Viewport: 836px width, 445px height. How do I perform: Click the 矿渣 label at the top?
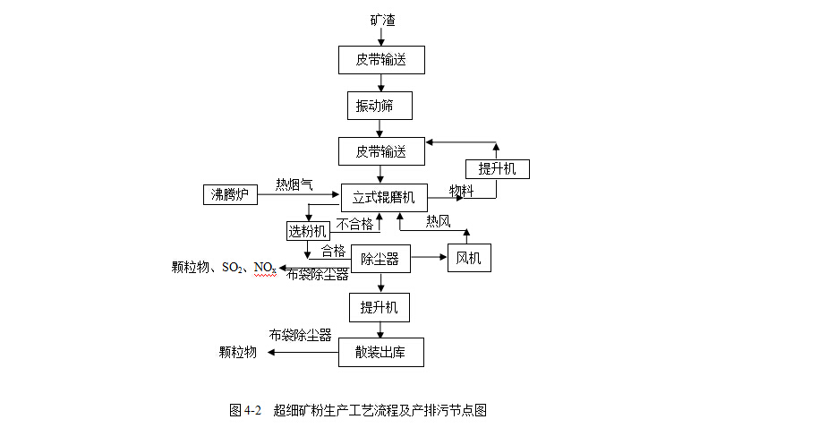(x=382, y=20)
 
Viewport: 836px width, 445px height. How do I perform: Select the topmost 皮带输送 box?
(x=381, y=60)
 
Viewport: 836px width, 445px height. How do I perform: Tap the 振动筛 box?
(x=380, y=106)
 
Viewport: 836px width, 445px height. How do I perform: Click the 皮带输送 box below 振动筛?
(x=381, y=151)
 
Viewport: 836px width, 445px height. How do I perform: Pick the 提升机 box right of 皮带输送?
(x=497, y=168)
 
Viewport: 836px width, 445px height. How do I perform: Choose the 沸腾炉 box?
(x=230, y=194)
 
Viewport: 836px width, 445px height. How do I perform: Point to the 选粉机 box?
(x=307, y=231)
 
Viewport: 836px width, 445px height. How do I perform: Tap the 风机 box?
(x=468, y=259)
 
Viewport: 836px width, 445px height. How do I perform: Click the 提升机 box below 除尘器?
(x=380, y=307)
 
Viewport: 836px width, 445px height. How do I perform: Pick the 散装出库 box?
(x=380, y=352)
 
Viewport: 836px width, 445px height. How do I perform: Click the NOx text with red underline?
(x=265, y=268)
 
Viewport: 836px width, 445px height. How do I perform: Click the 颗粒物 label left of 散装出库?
(x=238, y=352)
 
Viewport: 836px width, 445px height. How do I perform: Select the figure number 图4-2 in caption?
(x=245, y=411)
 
